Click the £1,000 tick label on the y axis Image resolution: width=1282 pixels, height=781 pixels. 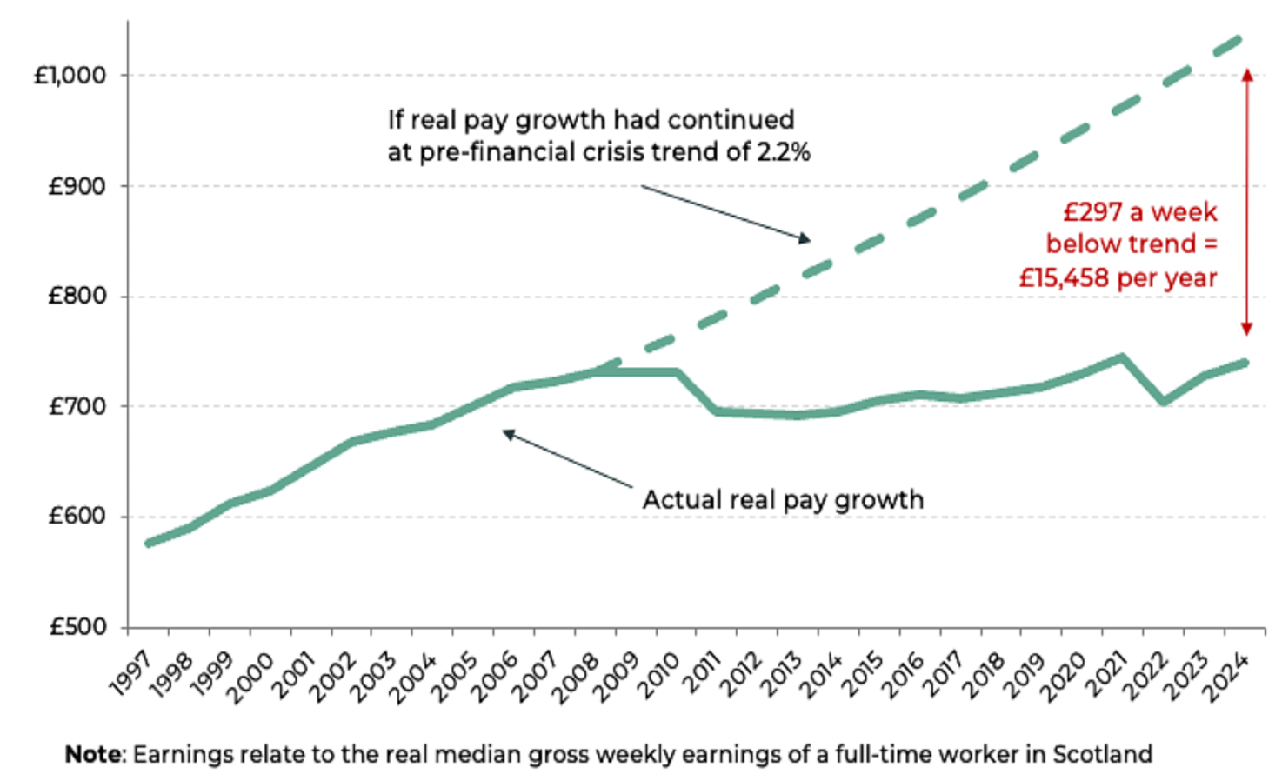(x=70, y=76)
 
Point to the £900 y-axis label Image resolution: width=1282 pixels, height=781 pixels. (x=77, y=186)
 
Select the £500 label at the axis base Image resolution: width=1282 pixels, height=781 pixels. (x=77, y=627)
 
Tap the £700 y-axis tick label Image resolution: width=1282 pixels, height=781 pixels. (x=77, y=406)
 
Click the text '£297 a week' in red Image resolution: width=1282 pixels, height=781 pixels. (x=1140, y=212)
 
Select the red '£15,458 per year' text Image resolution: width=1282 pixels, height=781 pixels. (x=1118, y=278)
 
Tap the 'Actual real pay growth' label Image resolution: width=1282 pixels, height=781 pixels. (x=783, y=500)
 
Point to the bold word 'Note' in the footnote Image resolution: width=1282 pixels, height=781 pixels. (x=96, y=754)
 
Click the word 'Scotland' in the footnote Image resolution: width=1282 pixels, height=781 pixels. (x=1102, y=754)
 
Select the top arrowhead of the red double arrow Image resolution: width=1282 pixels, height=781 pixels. (x=1246, y=75)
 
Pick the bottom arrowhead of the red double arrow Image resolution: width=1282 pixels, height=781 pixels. (x=1246, y=329)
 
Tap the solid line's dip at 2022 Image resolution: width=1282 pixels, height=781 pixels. (x=1163, y=402)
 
